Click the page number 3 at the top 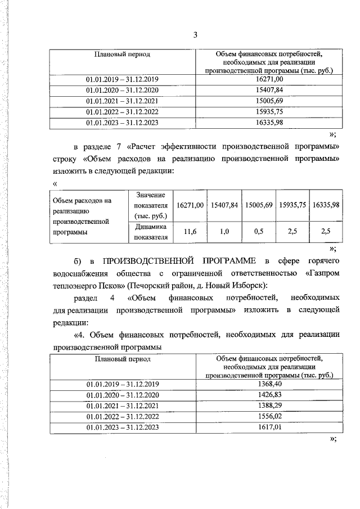click(195, 35)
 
